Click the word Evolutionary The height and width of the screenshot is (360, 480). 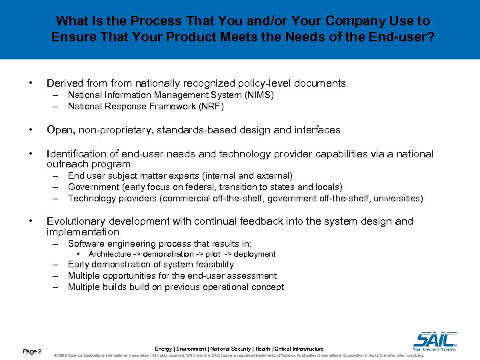[74, 221]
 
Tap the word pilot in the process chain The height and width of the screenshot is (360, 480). [214, 254]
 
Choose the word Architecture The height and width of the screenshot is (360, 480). [109, 254]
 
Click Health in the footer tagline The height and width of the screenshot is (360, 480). [263, 349]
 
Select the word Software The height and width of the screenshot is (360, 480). [87, 244]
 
